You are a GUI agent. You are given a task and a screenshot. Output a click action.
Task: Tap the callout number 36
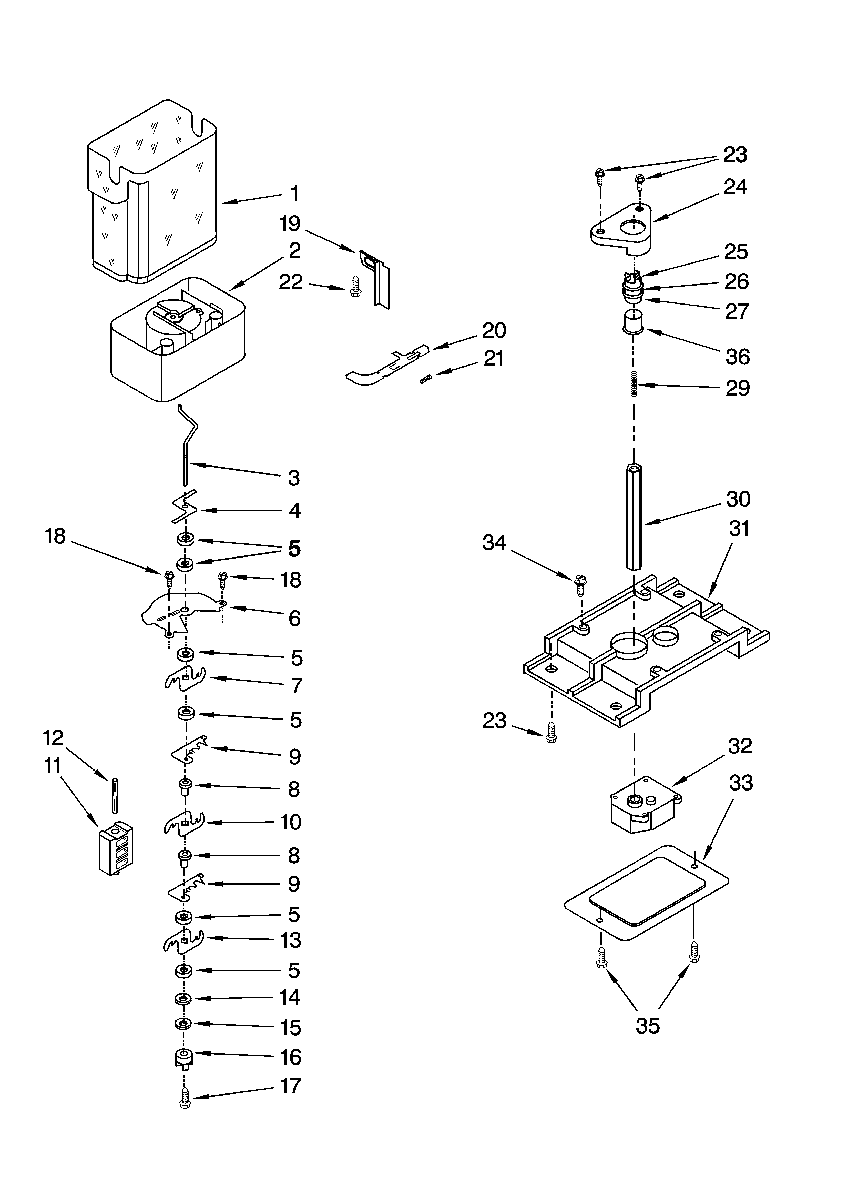click(x=737, y=357)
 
